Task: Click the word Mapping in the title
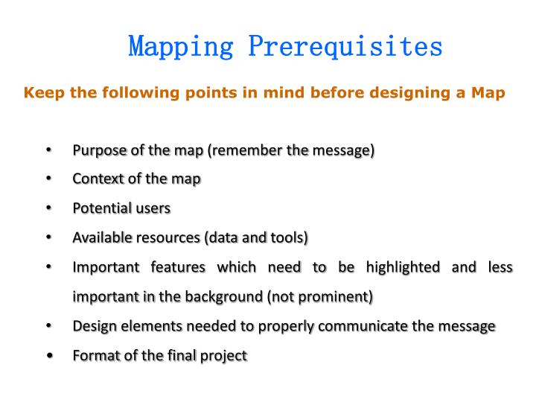182,46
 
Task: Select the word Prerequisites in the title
345,46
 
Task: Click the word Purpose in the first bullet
98,151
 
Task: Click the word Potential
100,208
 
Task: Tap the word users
153,208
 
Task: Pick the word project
224,356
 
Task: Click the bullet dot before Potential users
48,209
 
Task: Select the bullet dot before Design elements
48,326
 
